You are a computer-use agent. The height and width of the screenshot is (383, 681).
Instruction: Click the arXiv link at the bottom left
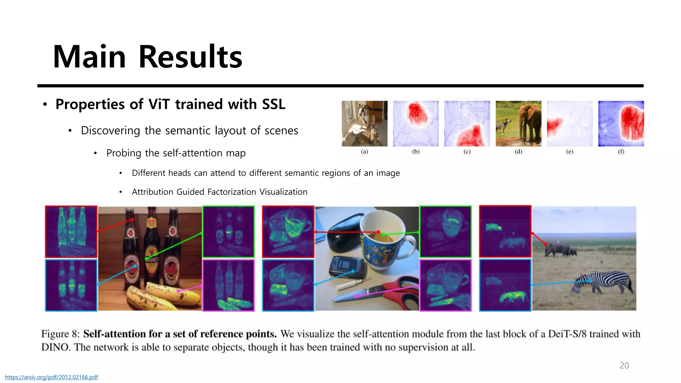[52, 377]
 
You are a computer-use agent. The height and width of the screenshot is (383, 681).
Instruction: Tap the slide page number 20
[624, 365]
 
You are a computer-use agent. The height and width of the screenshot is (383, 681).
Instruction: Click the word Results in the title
[190, 57]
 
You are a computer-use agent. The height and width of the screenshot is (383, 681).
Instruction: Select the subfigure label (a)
[364, 152]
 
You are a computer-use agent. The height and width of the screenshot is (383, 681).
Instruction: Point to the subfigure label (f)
[621, 152]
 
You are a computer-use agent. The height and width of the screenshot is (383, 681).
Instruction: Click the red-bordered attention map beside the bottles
[71, 232]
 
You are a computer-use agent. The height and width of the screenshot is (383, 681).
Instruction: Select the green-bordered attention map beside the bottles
[228, 232]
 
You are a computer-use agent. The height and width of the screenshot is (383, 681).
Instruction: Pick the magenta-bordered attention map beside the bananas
[228, 285]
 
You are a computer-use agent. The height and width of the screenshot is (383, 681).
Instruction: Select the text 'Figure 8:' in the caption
[60, 334]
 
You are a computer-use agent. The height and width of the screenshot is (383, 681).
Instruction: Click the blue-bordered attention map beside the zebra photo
[505, 285]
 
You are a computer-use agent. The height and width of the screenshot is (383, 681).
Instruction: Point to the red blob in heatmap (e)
[554, 125]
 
